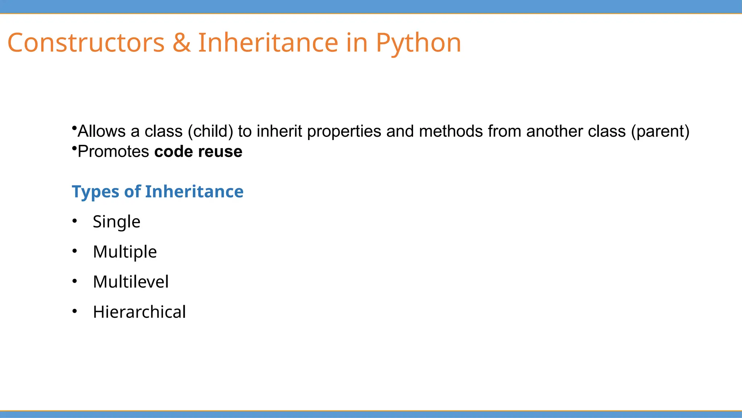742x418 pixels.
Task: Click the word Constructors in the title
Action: coord(86,43)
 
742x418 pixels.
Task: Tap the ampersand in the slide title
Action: coord(182,43)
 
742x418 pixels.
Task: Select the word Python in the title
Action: coord(418,44)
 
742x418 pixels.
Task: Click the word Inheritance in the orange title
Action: coord(268,43)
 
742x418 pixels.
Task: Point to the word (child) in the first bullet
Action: coord(210,131)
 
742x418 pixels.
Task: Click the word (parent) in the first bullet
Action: coord(660,131)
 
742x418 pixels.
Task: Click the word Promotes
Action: coord(113,152)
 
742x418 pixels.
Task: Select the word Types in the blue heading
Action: coord(95,192)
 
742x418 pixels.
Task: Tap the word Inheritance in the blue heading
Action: coord(194,191)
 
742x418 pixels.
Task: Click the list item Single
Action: coord(116,222)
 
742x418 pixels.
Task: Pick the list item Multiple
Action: coord(125,252)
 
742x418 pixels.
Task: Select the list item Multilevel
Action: coord(130,282)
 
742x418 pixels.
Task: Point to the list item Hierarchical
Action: coord(139,312)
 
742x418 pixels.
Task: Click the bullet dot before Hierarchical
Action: coord(75,311)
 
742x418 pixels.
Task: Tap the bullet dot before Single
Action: coord(75,221)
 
